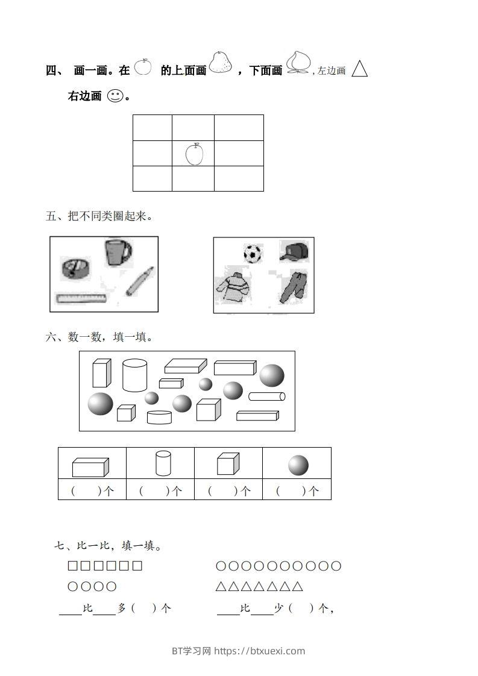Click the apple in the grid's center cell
(194, 154)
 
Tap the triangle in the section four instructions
(360, 69)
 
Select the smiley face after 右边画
(115, 96)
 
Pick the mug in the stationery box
(118, 252)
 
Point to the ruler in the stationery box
(81, 298)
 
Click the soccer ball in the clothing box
(253, 254)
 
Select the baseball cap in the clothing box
(294, 252)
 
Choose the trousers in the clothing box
(294, 287)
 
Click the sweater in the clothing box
(233, 287)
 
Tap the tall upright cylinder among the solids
(134, 375)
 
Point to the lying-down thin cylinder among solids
(266, 396)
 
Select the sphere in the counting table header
(298, 465)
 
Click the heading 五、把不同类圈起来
(98, 216)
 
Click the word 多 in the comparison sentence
(121, 609)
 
